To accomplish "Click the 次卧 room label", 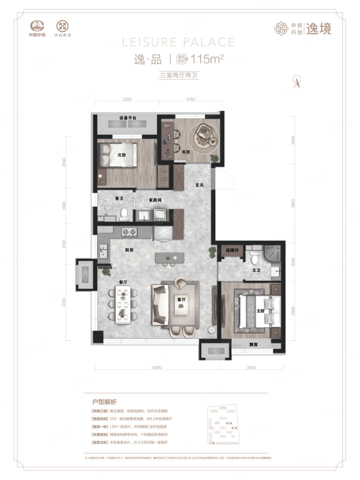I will coord(121,155).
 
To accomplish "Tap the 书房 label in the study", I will coord(186,152).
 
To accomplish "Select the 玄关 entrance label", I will coord(200,185).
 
